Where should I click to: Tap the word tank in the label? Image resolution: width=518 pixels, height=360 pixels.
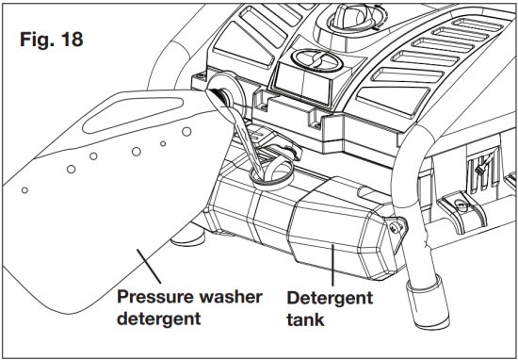(x=307, y=319)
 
